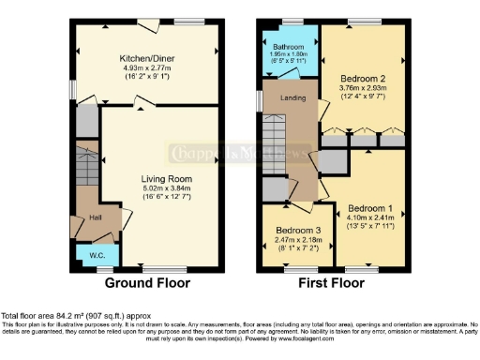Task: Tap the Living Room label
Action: coord(167,178)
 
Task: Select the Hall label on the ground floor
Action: coord(96,218)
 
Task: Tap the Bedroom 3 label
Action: coord(292,231)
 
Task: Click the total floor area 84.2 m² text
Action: coord(75,317)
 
